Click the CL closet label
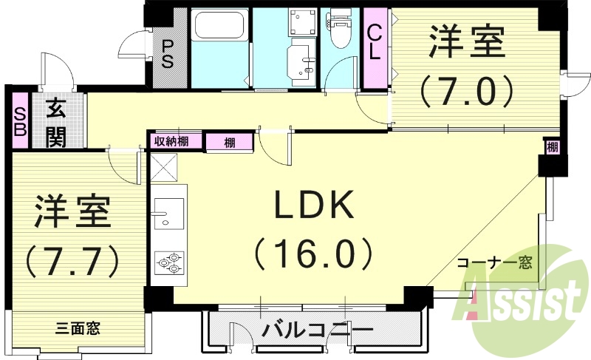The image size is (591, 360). coord(375,42)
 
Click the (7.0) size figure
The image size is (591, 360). coord(466,92)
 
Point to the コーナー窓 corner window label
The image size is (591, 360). coord(495,263)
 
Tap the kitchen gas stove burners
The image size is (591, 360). coord(168,262)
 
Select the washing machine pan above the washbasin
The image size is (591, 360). coord(300,24)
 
